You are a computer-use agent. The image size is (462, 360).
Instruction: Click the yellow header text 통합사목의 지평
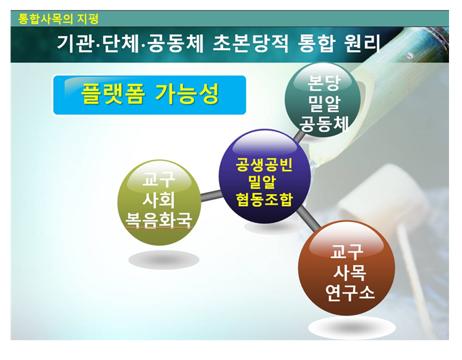tap(58, 19)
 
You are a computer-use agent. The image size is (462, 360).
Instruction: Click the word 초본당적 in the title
tap(250, 43)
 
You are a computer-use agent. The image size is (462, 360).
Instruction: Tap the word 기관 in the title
tap(75, 43)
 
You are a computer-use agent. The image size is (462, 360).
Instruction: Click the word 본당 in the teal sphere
tap(323, 83)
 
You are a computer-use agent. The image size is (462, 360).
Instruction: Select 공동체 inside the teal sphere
tap(324, 124)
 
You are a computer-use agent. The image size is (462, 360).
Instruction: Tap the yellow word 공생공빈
tap(264, 165)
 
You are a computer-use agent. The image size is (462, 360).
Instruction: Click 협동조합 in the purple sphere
tap(264, 200)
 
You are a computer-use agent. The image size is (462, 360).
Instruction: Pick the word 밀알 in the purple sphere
tap(262, 182)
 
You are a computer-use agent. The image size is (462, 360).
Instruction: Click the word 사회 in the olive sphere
tap(158, 200)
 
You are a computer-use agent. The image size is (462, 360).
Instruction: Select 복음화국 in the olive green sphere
tap(158, 220)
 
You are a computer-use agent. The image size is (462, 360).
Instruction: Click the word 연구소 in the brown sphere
tap(349, 293)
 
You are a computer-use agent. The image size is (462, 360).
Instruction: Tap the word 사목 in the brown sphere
tap(349, 273)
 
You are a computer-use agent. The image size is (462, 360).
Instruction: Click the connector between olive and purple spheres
tap(211, 195)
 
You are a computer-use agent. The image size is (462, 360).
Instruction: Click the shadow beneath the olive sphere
tap(164, 260)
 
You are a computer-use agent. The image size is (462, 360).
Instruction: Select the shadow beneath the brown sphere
tap(352, 327)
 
